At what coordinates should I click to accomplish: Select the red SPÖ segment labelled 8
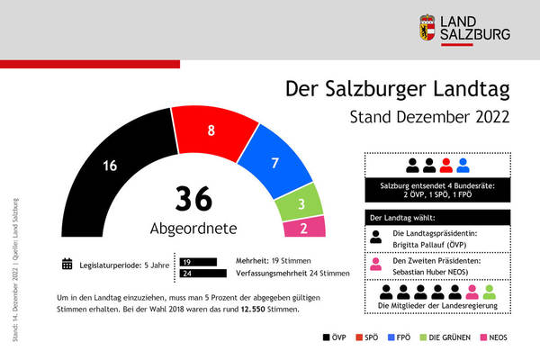[x=211, y=130]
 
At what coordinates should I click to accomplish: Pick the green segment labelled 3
[x=302, y=204]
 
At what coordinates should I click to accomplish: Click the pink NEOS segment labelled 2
[x=303, y=228]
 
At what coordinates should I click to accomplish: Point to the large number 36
[x=194, y=198]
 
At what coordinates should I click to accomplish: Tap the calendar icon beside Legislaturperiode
[x=67, y=264]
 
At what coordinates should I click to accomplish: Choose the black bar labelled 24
[x=203, y=274]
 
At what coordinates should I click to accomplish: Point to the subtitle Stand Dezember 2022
[x=428, y=117]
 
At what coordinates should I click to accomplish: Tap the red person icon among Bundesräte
[x=445, y=165]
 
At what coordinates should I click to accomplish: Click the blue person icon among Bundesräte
[x=463, y=165]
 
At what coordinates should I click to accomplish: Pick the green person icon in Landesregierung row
[x=489, y=292]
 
